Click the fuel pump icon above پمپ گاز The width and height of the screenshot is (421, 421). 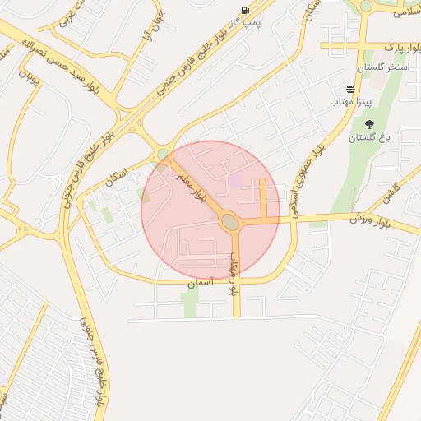(x=245, y=10)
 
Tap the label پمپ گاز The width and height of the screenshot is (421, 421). (x=244, y=22)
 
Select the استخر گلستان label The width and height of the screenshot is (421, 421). (x=382, y=66)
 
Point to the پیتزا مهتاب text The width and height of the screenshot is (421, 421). (x=351, y=100)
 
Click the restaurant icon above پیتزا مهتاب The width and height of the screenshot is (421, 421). (x=351, y=88)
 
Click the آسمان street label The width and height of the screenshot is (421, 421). (x=199, y=283)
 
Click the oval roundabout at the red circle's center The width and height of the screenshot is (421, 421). (x=229, y=220)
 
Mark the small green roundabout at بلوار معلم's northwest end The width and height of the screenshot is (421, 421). (x=164, y=154)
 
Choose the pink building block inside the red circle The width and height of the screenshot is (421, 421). (x=236, y=178)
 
